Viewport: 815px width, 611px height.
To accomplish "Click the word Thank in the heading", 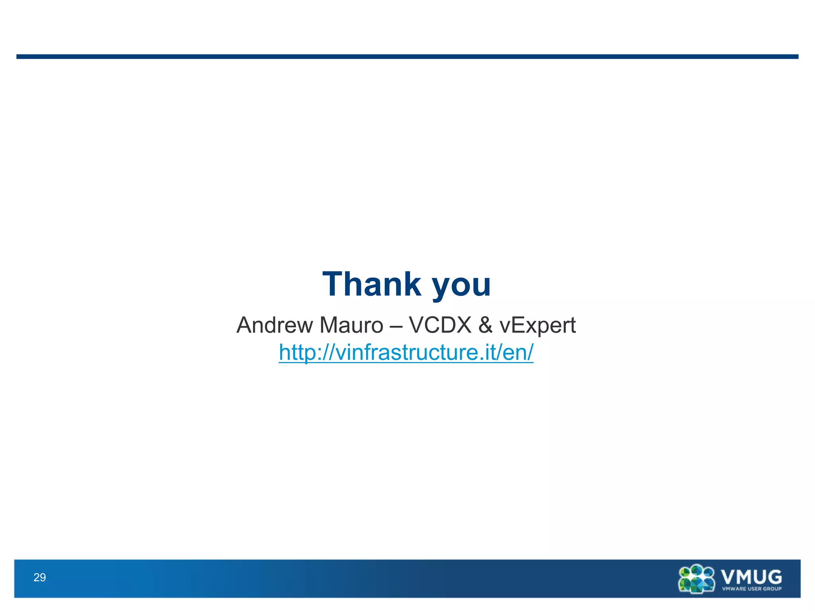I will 372,284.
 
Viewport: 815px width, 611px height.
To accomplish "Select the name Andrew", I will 275,325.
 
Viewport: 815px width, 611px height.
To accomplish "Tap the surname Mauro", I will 351,325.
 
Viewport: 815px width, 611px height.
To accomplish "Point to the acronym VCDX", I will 440,325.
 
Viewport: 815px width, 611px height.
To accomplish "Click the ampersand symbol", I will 485,325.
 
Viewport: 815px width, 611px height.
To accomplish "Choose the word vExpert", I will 538,326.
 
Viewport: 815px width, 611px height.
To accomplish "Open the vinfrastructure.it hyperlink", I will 406,352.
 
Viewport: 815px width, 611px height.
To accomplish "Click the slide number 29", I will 40,577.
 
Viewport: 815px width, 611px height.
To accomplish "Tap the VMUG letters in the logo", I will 751,576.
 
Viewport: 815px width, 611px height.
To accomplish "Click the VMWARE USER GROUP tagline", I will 752,589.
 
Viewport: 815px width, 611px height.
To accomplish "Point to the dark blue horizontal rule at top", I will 407,56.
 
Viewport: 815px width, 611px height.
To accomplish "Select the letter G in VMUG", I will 773,576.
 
